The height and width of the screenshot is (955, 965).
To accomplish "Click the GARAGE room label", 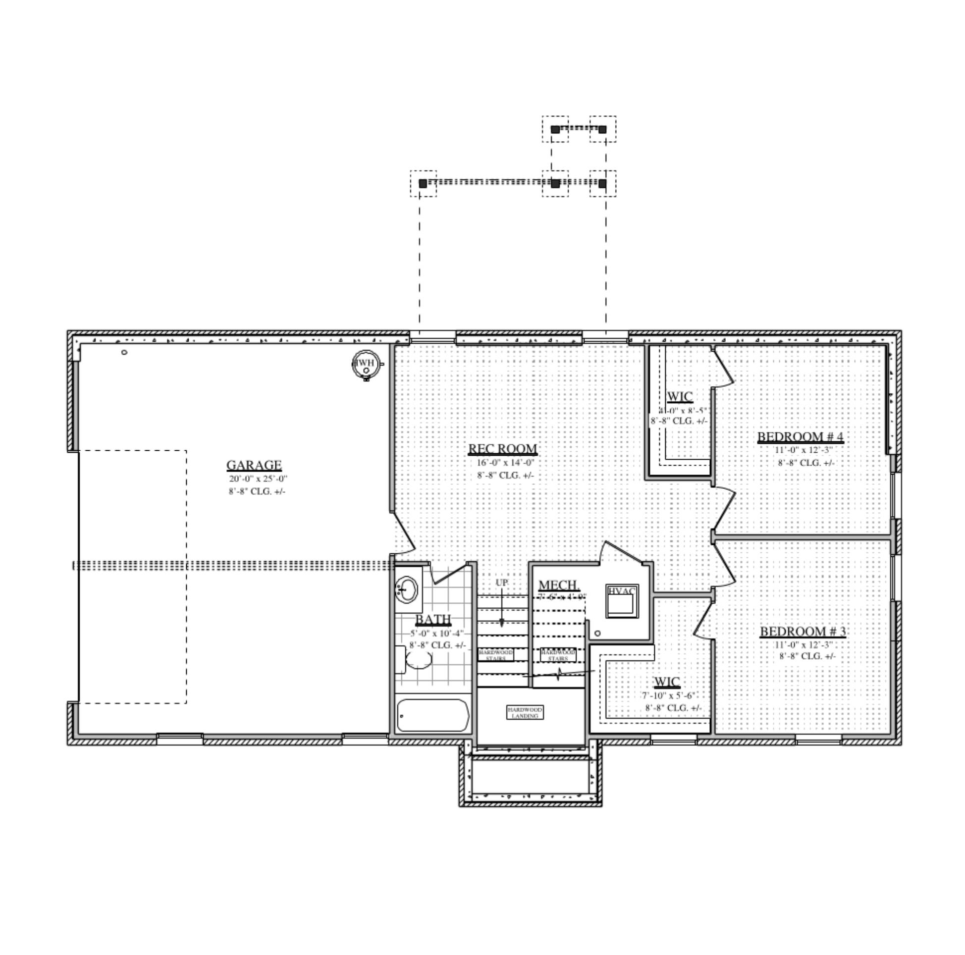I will click(254, 465).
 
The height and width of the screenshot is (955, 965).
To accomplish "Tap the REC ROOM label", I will click(502, 449).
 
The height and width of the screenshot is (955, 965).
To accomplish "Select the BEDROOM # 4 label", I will click(800, 437).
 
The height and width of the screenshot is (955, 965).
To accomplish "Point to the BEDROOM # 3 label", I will click(803, 632).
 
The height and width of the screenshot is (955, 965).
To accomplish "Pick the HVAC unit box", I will click(622, 601).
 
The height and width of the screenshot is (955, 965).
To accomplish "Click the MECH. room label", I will click(558, 585).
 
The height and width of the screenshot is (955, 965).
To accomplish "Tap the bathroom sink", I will click(408, 590).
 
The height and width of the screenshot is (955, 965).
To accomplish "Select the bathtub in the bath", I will click(433, 715).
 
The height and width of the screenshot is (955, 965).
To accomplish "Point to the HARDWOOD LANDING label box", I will click(525, 712).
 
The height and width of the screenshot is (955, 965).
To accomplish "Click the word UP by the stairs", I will click(501, 583).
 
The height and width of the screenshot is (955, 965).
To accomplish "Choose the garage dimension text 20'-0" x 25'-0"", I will click(258, 478).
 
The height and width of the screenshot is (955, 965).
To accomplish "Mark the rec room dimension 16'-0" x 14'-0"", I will click(505, 463).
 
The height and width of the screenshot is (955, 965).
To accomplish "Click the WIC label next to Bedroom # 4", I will click(680, 397).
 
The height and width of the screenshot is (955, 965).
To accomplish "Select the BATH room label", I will click(433, 619).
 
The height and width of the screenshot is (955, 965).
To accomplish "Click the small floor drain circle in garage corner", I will click(124, 353).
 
